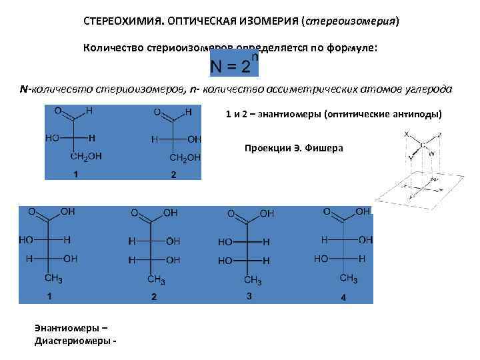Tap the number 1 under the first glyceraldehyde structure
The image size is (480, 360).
click(x=76, y=175)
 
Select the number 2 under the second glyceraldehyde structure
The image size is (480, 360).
click(x=173, y=175)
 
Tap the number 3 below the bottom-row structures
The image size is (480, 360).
click(x=249, y=297)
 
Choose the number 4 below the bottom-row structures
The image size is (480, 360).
click(x=343, y=298)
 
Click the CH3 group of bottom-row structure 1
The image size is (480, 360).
click(x=53, y=278)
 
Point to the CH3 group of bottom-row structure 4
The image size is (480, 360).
click(x=350, y=278)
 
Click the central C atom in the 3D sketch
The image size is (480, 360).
click(x=423, y=145)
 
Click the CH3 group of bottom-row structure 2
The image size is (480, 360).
click(x=156, y=279)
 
